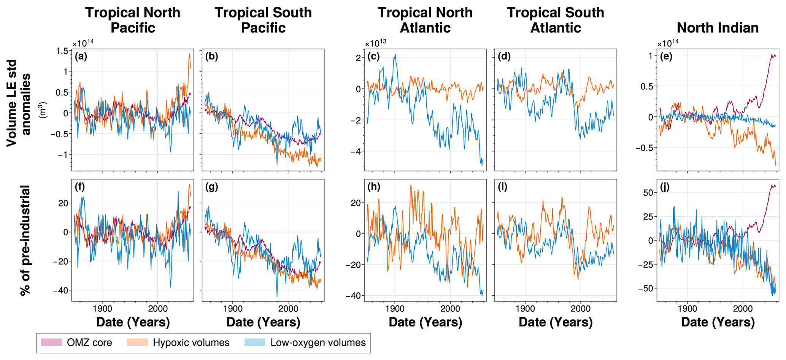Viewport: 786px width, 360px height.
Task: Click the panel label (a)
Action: coord(81,57)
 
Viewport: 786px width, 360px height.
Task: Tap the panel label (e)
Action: coord(666,57)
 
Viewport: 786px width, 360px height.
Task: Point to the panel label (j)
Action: coord(666,187)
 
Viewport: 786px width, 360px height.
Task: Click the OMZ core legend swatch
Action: coord(51,343)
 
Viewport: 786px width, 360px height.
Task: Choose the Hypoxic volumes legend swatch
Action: coord(137,343)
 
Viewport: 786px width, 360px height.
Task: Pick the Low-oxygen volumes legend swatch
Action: coord(255,343)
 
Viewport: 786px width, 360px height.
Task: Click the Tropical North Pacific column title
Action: coord(133,20)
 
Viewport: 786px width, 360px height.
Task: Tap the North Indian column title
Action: coord(718,27)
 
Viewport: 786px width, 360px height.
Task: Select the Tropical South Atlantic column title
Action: coord(555,20)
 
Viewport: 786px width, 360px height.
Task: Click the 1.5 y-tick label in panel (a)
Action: coord(64,51)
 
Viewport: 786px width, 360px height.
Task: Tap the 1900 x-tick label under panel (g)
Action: coord(233,308)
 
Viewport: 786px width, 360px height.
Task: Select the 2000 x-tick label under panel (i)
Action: coord(581,308)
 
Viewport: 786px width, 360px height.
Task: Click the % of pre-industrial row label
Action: coord(25,240)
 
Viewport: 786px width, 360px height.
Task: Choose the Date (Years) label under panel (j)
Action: coord(718,322)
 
